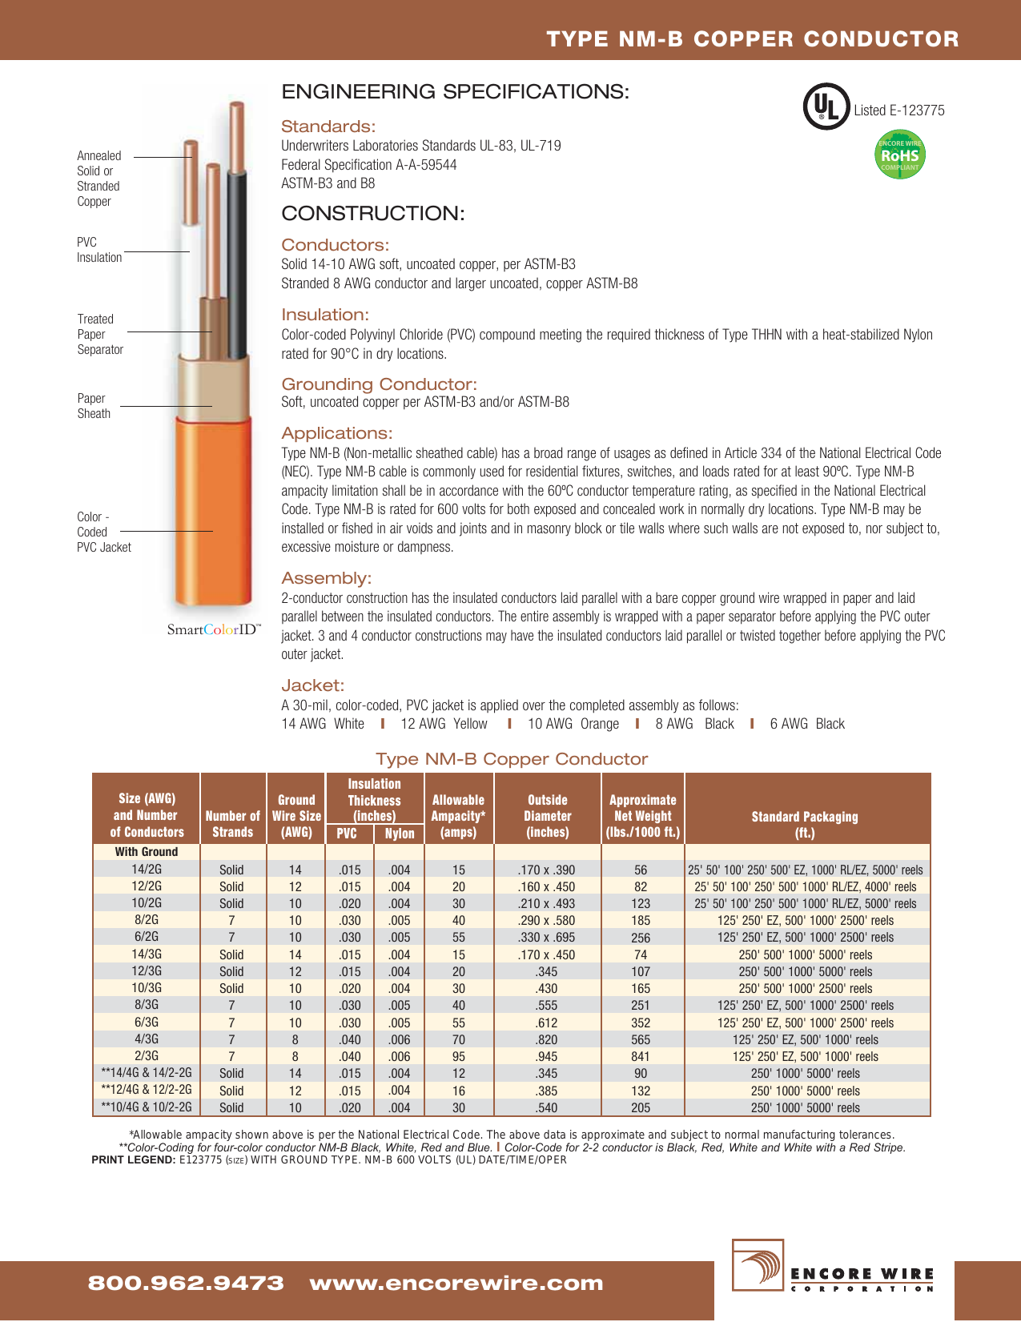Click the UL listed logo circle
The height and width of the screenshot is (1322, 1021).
point(826,106)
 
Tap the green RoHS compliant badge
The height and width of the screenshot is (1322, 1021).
point(900,155)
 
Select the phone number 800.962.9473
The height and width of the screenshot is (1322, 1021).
point(186,1284)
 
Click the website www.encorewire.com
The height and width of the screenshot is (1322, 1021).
point(456,1284)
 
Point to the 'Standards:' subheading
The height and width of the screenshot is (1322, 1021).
point(328,127)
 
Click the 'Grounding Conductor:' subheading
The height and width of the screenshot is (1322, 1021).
point(379,384)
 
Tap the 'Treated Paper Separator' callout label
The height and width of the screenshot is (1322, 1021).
point(100,335)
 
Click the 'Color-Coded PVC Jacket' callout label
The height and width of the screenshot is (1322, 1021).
point(103,532)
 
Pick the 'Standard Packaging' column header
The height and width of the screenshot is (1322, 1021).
point(804,824)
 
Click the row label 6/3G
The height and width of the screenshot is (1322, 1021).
point(147,1023)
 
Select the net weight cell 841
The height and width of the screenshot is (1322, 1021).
point(641,1057)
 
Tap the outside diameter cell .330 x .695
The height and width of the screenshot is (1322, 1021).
point(547,938)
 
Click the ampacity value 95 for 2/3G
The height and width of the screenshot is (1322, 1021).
point(458,1057)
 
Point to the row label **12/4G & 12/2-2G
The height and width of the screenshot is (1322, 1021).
point(147,1091)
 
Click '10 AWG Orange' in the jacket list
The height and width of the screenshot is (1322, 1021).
point(573,724)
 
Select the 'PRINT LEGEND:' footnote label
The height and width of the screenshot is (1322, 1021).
point(133,1160)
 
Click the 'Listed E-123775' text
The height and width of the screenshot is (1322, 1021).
point(898,111)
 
